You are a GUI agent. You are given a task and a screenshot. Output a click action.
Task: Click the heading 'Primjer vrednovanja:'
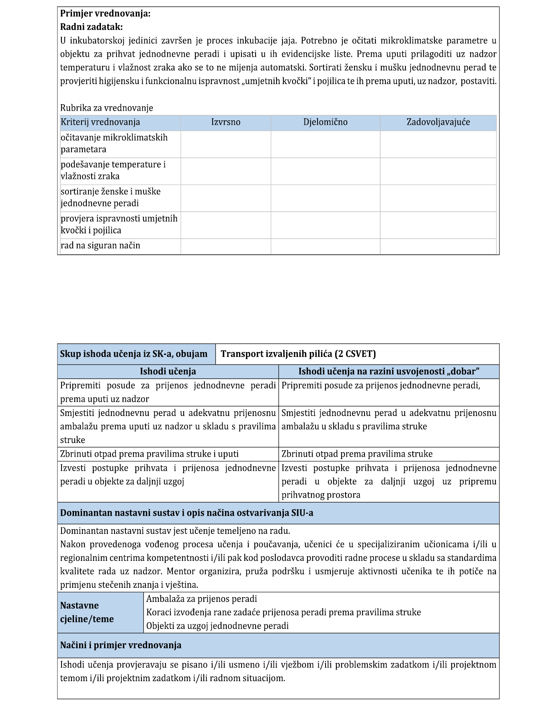(105, 14)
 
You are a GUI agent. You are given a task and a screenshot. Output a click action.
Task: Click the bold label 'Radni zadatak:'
(91, 27)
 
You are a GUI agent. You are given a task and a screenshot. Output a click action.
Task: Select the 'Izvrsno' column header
(226, 122)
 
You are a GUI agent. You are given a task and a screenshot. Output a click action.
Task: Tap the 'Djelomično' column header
(325, 122)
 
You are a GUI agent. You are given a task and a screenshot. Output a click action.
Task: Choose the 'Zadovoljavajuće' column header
(438, 122)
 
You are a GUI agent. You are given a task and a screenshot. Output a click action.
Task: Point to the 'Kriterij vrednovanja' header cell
(100, 122)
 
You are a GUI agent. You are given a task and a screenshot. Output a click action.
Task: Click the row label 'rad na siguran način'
(100, 246)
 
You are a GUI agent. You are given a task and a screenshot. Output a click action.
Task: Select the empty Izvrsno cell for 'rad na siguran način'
(226, 246)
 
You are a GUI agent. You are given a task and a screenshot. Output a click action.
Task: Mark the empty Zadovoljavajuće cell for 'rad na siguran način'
(438, 246)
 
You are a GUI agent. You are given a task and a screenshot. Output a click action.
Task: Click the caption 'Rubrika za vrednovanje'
(106, 108)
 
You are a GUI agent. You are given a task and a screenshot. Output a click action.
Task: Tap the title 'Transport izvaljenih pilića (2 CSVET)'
(298, 354)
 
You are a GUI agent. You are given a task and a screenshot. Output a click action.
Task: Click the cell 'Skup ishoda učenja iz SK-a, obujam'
(134, 354)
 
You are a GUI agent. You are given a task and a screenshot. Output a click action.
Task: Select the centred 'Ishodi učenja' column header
(168, 371)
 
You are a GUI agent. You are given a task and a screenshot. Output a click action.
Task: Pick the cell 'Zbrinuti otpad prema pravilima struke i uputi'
(149, 454)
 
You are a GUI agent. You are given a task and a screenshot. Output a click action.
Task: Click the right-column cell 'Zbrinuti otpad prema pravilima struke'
(357, 454)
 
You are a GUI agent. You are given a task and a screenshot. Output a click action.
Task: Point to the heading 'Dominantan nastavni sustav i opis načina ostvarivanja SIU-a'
(186, 513)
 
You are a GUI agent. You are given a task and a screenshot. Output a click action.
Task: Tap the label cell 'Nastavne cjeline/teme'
(87, 612)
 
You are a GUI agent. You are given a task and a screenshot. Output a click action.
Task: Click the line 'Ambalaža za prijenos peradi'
(201, 599)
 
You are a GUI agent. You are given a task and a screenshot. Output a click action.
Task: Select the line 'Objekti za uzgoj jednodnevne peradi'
(217, 626)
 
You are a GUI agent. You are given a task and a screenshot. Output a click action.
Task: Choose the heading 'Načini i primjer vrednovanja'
(121, 645)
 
